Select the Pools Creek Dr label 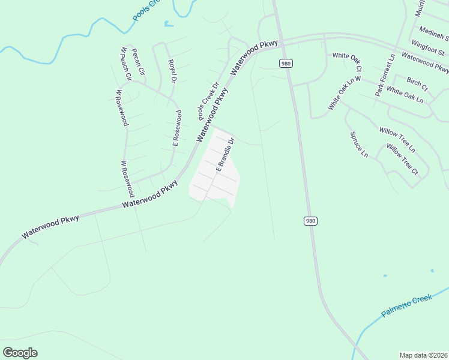tap(207, 99)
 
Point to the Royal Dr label tap(172, 71)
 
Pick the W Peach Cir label tap(126, 64)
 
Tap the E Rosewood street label tap(177, 128)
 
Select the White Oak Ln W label tap(345, 93)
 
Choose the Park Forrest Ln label tap(385, 76)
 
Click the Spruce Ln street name tap(358, 145)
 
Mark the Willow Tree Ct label tap(402, 158)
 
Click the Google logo tap(20, 353)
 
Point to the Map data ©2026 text tap(423, 355)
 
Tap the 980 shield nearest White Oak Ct tap(285, 63)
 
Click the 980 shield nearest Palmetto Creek tap(310, 221)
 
